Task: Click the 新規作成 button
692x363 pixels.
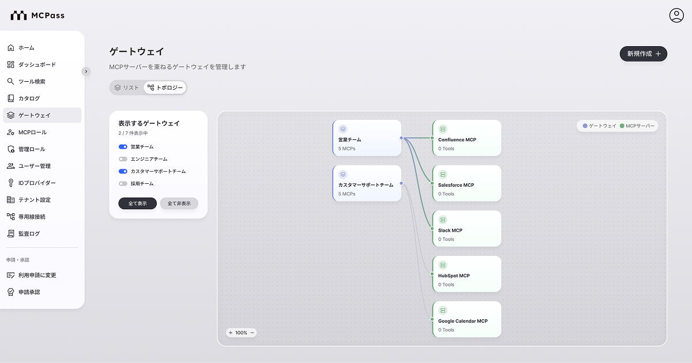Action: tap(643, 54)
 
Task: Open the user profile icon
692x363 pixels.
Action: tap(676, 16)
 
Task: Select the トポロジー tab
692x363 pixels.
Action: tap(165, 88)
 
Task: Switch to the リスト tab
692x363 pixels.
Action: tap(127, 88)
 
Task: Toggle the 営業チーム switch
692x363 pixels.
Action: tap(123, 146)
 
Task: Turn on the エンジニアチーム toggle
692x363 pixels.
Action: tap(123, 159)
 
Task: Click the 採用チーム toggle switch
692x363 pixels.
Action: tap(123, 184)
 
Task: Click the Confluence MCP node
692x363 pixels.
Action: tap(467, 138)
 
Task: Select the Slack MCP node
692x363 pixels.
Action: tap(467, 229)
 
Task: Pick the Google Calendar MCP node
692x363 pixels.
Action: tap(467, 319)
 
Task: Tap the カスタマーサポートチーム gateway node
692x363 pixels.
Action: tap(367, 183)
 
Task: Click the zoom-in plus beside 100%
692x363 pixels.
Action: tap(231, 333)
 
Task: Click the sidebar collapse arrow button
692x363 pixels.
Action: tap(86, 71)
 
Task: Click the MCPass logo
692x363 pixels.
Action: tap(37, 16)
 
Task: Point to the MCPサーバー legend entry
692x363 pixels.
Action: tap(637, 126)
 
